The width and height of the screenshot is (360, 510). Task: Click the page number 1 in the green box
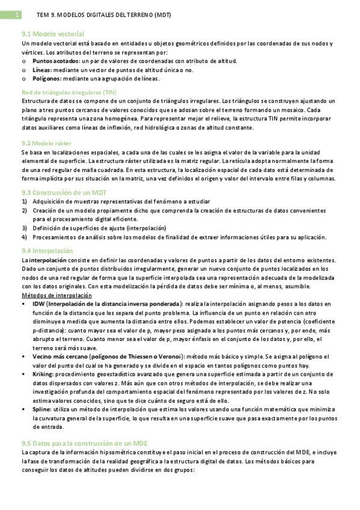point(18,14)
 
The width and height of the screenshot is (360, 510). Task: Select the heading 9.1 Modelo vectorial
point(52,34)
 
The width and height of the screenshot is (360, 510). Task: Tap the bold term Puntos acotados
point(55,61)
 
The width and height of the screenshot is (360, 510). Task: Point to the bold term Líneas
point(42,70)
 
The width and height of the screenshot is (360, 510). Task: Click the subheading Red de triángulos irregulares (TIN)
point(69,92)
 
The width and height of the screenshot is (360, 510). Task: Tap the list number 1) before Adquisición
point(25,201)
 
